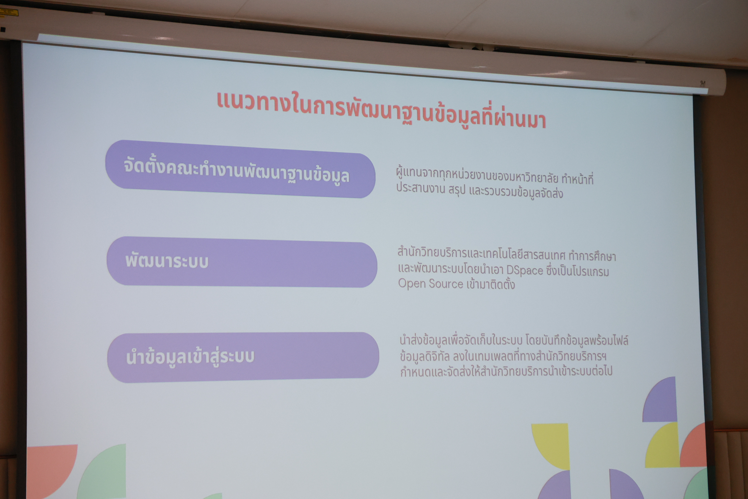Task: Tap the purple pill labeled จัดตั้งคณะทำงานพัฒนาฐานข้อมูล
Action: pyautogui.click(x=240, y=169)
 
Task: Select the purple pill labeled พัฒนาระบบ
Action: pyautogui.click(x=242, y=262)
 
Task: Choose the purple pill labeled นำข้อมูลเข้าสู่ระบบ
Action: pyautogui.click(x=243, y=357)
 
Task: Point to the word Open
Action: pyautogui.click(x=411, y=284)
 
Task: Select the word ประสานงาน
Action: pyautogui.click(x=420, y=189)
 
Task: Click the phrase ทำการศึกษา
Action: pyautogui.click(x=592, y=256)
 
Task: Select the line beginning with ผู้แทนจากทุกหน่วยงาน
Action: pyautogui.click(x=495, y=178)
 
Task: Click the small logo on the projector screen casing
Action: pyautogui.click(x=702, y=83)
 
